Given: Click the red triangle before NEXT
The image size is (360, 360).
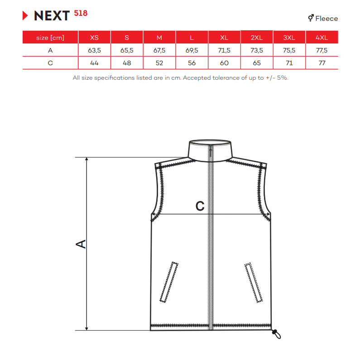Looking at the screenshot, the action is coord(25,15).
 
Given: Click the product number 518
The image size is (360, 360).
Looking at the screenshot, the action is coord(81,13).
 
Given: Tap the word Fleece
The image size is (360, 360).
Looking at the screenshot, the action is coord(326,19).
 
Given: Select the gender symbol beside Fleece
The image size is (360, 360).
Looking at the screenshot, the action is coord(311,18).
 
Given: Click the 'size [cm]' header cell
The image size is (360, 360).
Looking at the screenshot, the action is coord(50,38).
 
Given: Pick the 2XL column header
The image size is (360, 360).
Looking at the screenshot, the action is coord(257,38).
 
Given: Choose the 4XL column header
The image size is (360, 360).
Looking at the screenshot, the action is coord(322,38).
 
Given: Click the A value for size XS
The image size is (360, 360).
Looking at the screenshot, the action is coord(94,50).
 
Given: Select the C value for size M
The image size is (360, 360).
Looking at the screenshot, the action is coord(159,63).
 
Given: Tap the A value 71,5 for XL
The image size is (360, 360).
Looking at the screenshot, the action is coord(224,50).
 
